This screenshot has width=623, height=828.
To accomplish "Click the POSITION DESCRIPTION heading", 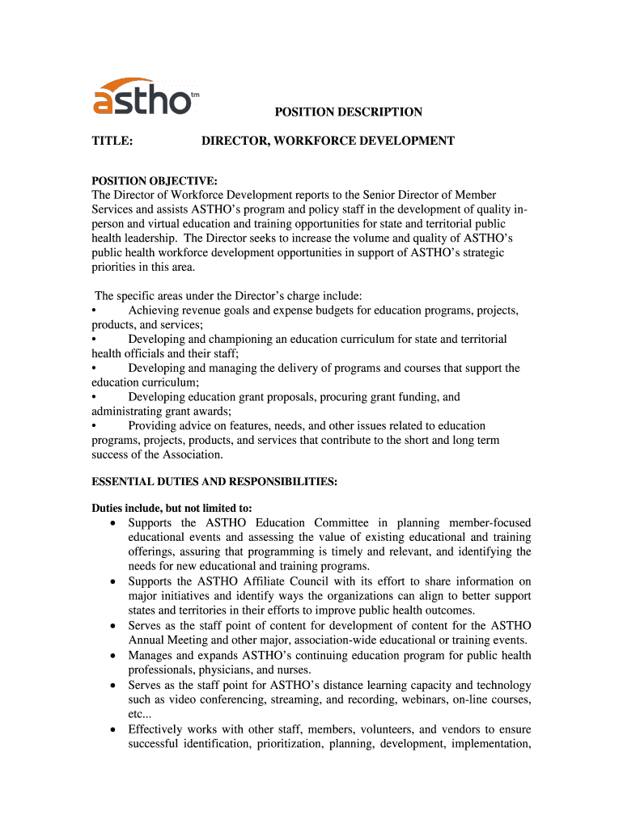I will (x=348, y=112).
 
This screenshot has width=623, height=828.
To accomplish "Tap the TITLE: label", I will (x=112, y=142).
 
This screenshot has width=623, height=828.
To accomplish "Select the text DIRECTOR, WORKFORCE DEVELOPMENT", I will (x=328, y=142).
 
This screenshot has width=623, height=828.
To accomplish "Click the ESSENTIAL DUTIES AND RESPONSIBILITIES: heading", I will (x=214, y=482).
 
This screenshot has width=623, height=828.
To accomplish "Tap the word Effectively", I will (x=159, y=729).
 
